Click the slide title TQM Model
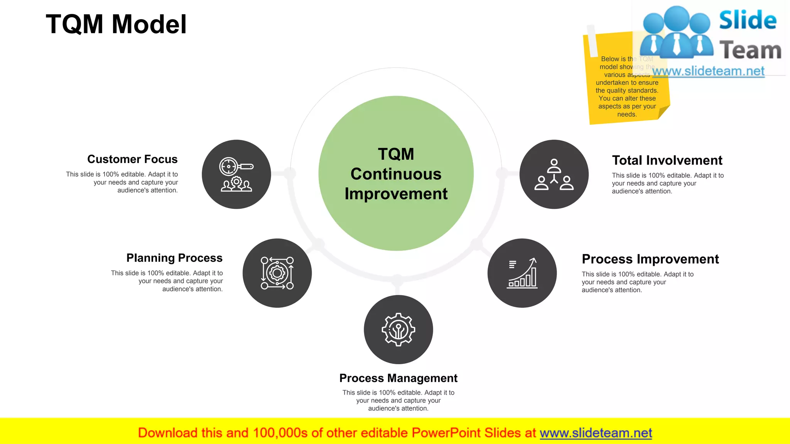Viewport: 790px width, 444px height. (x=116, y=24)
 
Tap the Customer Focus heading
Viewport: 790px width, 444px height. (x=132, y=159)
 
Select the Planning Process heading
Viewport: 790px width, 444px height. (x=174, y=258)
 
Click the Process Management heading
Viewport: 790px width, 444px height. (x=398, y=378)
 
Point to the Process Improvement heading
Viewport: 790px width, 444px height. (x=650, y=259)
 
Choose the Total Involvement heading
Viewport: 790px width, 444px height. (x=667, y=160)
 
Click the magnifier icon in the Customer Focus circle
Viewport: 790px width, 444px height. (x=236, y=174)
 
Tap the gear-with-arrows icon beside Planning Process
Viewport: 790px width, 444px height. (x=277, y=273)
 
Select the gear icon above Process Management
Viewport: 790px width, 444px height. (x=398, y=330)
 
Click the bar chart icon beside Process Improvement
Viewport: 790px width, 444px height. (x=522, y=273)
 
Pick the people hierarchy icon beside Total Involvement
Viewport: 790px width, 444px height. (x=554, y=174)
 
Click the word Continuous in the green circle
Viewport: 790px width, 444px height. (x=396, y=174)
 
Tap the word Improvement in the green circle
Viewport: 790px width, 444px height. (x=396, y=194)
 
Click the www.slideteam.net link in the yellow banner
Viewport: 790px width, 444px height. (x=596, y=433)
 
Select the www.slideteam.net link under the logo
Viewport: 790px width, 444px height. (x=708, y=71)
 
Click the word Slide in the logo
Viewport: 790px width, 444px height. (x=748, y=20)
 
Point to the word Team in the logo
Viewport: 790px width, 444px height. (x=750, y=50)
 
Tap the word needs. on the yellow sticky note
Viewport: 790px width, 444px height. (x=627, y=114)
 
